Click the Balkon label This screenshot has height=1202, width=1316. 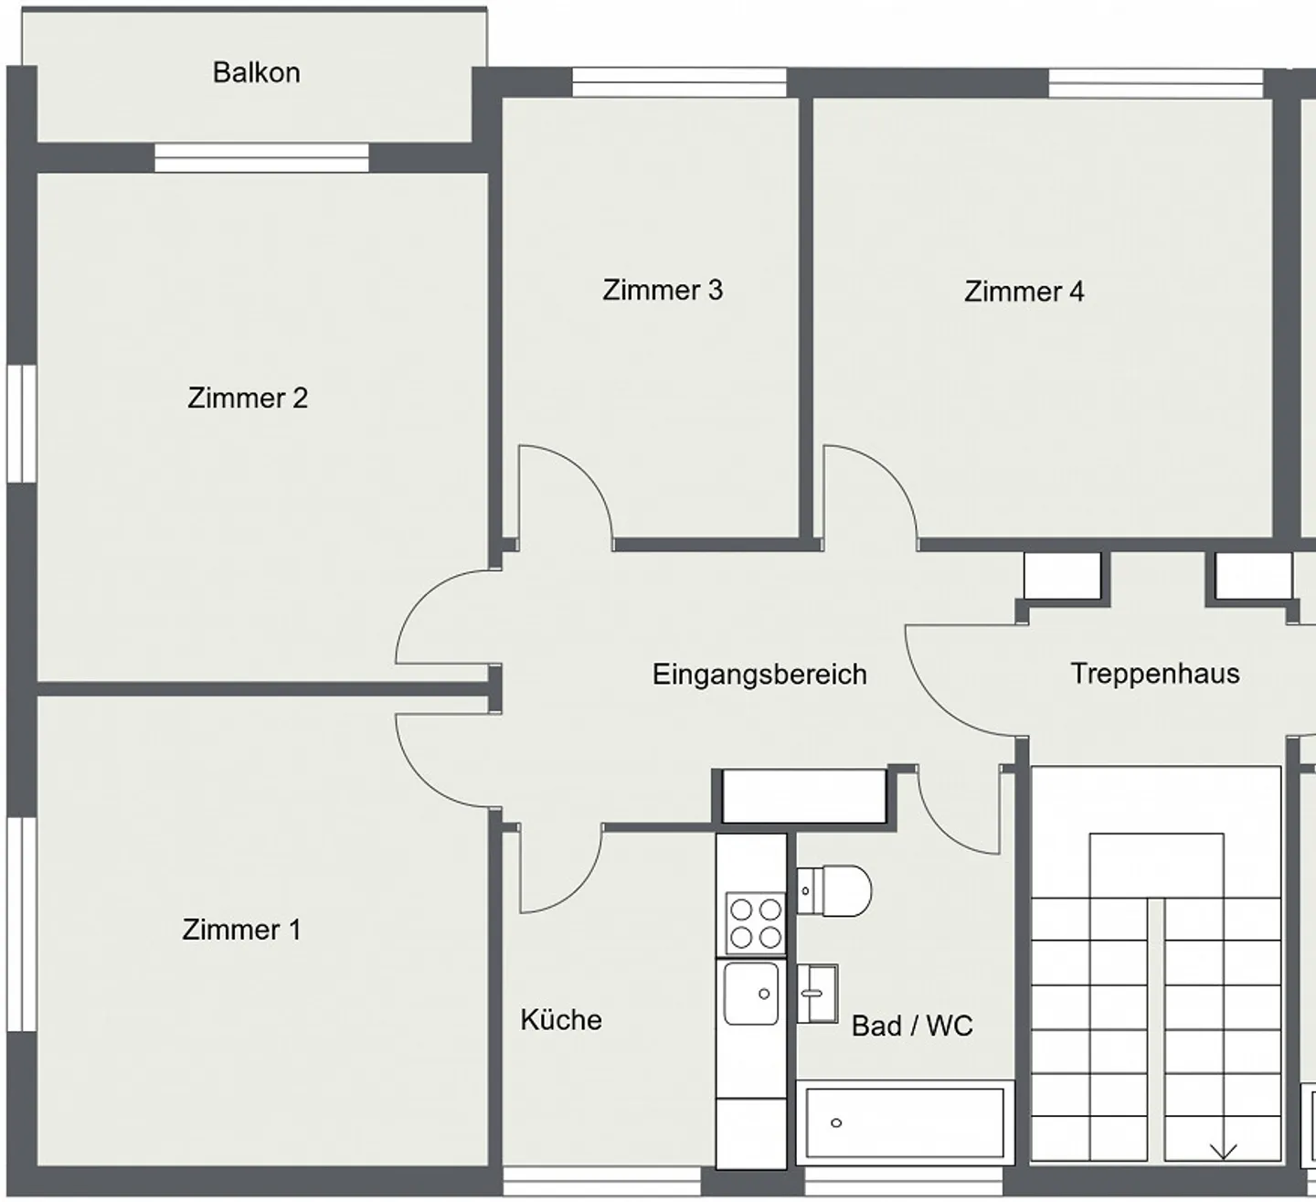256,73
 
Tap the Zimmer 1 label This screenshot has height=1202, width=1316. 241,930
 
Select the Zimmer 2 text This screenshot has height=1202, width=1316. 248,399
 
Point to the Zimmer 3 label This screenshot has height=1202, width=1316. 663,291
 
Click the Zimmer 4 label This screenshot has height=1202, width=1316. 1024,293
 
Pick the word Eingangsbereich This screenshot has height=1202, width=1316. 759,675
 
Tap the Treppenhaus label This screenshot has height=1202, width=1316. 1155,674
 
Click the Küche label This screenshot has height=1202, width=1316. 561,1020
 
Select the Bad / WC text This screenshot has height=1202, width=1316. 912,1026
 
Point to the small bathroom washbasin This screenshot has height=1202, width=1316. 817,993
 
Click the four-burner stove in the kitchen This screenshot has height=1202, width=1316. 755,923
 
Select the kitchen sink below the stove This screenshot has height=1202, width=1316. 751,994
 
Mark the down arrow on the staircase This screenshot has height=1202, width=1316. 1223,1150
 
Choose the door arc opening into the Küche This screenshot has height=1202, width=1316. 559,868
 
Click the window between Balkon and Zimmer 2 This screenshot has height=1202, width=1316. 261,158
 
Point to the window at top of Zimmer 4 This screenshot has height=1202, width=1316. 1155,84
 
